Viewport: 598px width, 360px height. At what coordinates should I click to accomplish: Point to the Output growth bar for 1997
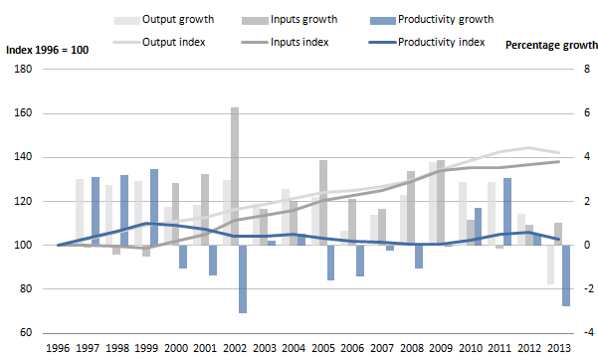[x=79, y=212]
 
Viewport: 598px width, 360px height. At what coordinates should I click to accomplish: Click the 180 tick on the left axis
[x=22, y=69]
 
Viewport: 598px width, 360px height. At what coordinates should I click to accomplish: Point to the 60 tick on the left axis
[x=25, y=333]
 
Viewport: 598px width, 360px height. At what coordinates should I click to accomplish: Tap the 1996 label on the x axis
[x=59, y=349]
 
